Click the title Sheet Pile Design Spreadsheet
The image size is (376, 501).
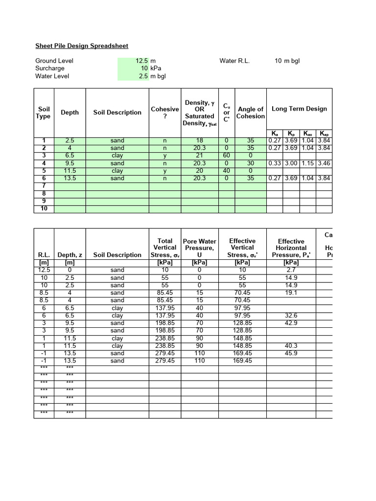point(82,46)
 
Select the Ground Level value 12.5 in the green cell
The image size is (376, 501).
point(141,61)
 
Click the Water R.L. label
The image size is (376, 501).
point(235,61)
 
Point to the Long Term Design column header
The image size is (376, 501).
point(299,109)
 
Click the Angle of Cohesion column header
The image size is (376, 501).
point(250,113)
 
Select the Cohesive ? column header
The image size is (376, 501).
point(164,113)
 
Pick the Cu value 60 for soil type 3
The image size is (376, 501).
point(226,156)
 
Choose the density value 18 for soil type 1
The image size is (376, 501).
point(199,140)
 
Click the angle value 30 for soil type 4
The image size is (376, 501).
point(250,163)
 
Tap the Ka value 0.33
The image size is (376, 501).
point(274,163)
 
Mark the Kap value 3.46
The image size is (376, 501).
point(324,163)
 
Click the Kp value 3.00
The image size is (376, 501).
point(291,163)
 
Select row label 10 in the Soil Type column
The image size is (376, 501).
point(44,209)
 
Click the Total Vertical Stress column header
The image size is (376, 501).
point(165,248)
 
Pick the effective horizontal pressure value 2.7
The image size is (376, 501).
point(291,270)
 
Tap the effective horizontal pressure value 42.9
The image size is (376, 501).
point(291,323)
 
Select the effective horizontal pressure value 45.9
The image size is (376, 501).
point(291,353)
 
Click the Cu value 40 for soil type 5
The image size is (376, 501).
point(226,171)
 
